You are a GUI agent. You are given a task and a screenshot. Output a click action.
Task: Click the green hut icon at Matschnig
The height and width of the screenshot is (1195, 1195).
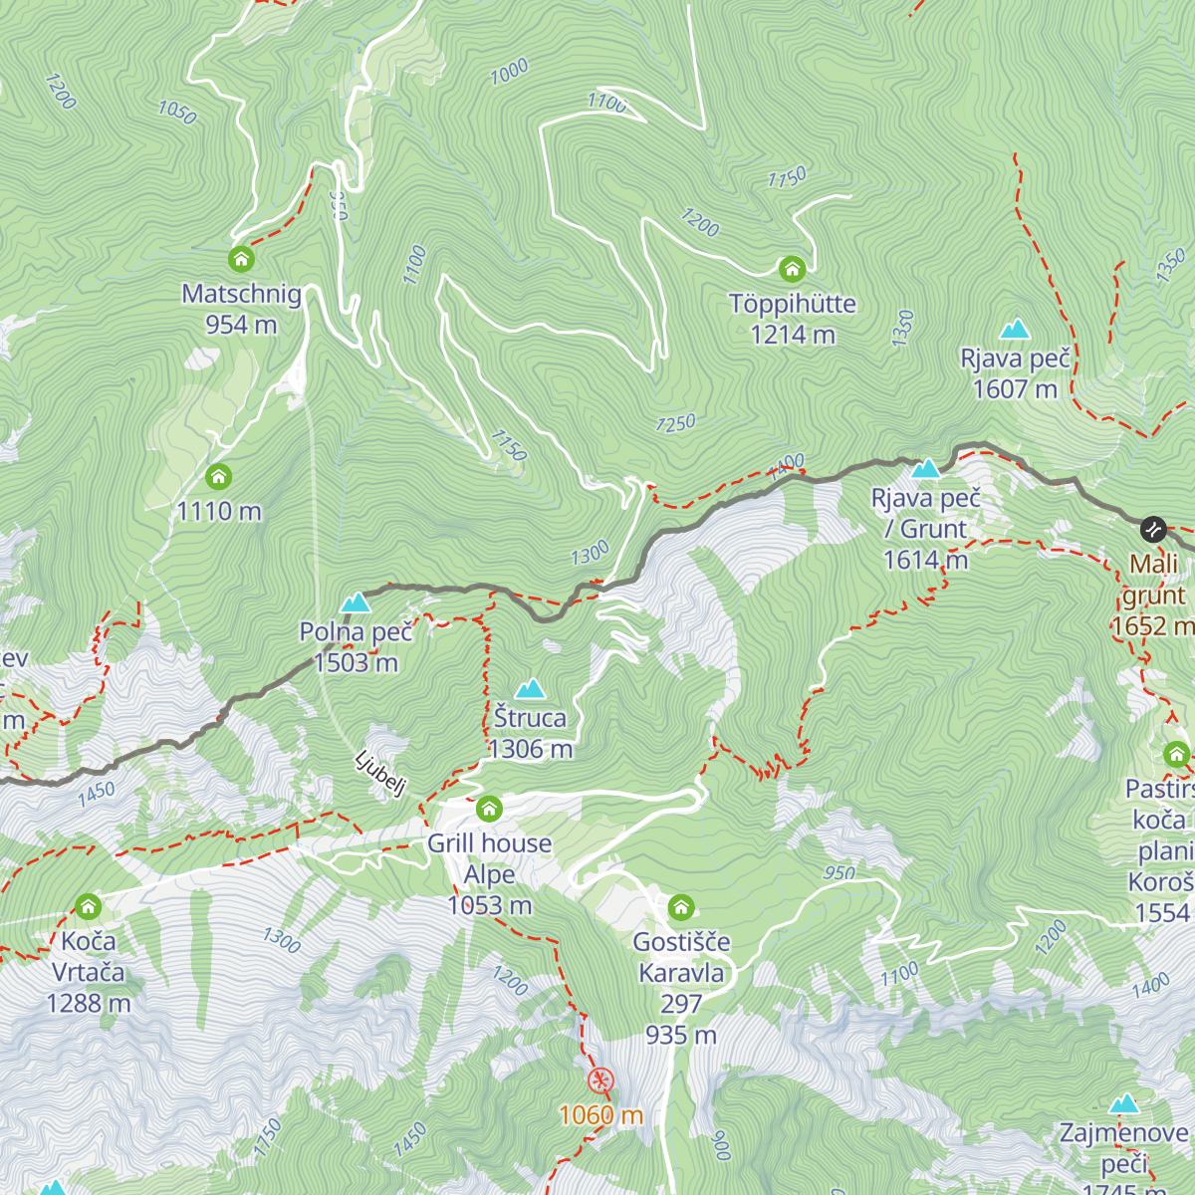241,260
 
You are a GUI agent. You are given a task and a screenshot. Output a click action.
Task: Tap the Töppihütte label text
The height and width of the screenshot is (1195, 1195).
792,304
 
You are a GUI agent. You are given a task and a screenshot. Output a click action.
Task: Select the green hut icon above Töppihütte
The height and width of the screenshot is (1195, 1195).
792,269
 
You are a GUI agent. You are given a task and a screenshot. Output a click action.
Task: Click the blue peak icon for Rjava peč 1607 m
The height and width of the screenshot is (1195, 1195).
1015,329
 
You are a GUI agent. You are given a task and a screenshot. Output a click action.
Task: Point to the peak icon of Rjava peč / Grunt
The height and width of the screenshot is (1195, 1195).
926,468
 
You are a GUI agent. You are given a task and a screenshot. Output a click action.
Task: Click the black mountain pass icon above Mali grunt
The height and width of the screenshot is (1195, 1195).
1153,528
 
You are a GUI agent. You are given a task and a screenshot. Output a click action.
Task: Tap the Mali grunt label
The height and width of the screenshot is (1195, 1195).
1154,580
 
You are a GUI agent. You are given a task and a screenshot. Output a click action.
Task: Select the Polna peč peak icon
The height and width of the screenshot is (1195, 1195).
356,602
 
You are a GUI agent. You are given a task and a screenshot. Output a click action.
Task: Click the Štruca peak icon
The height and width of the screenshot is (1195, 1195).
530,688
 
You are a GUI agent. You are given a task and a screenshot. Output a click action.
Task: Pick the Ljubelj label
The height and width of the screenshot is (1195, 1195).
380,774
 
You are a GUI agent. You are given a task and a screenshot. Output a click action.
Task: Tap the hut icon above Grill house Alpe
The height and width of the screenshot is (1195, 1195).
489,809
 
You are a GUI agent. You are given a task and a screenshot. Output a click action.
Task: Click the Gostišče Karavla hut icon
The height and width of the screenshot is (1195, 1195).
681,907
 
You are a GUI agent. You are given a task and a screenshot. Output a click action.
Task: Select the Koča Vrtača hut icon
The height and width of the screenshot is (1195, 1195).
89,906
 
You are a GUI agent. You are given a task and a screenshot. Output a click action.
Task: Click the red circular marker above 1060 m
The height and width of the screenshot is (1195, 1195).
600,1080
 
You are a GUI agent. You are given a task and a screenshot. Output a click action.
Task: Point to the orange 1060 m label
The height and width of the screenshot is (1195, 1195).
600,1115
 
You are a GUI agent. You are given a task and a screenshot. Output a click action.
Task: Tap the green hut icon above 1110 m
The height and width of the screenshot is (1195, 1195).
218,477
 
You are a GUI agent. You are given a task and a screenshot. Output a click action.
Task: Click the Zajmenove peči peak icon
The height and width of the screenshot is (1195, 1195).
1124,1103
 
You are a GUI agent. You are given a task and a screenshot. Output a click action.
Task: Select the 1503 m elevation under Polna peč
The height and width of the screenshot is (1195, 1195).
356,663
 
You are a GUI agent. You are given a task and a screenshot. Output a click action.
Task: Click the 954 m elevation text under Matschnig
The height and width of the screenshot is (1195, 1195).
241,325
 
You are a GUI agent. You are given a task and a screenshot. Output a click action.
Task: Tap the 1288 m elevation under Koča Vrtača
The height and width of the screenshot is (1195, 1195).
89,1003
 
